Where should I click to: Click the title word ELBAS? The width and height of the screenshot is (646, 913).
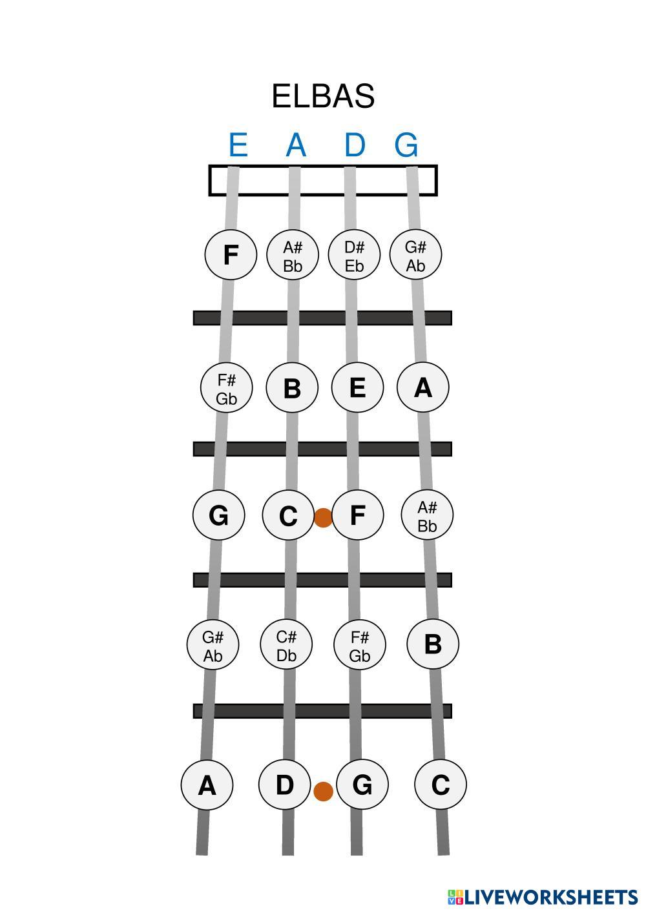323,96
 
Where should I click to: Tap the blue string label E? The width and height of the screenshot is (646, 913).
238,145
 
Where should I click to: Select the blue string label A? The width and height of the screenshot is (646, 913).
295,145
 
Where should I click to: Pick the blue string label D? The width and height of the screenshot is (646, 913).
354,145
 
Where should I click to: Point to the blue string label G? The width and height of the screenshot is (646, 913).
406,145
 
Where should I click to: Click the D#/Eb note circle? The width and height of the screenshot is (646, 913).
354,255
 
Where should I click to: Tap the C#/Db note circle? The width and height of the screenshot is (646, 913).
286,644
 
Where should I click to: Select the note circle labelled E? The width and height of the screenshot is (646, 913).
357,387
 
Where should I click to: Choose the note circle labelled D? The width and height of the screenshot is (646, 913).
284,785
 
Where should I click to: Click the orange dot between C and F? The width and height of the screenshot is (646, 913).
323,517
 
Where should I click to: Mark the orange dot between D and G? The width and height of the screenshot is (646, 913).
323,791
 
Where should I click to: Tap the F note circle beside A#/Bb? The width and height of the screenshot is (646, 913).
230,255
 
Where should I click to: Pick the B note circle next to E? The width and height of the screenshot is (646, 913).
292,387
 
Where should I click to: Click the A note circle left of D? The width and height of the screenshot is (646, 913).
207,785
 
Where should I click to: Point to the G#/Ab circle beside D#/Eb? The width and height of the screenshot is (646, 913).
416,255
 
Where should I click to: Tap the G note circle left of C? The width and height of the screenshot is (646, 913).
218,515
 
